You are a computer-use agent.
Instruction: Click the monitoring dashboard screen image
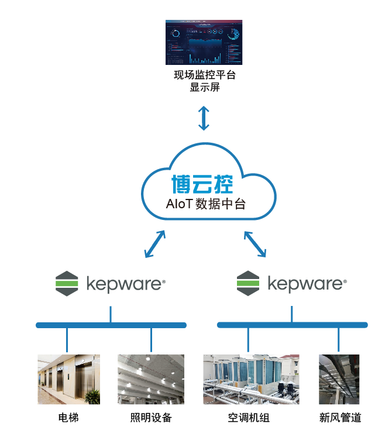pyautogui.click(x=203, y=43)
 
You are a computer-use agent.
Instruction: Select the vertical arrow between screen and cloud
pyautogui.click(x=204, y=118)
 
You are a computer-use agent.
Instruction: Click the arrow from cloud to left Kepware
pyautogui.click(x=154, y=244)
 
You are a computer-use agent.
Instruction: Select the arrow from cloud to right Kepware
pyautogui.click(x=255, y=244)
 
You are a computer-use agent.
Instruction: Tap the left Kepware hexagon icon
pyautogui.click(x=66, y=284)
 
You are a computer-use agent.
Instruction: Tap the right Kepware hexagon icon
pyautogui.click(x=247, y=284)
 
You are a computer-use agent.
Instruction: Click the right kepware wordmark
pyautogui.click(x=307, y=284)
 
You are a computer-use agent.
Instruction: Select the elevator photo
pyautogui.click(x=68, y=379)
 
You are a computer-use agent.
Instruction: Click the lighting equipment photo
pyautogui.click(x=152, y=379)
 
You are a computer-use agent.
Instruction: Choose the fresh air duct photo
pyautogui.click(x=339, y=379)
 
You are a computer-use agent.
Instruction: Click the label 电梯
pyautogui.click(x=68, y=418)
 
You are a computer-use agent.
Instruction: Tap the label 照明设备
pyautogui.click(x=151, y=418)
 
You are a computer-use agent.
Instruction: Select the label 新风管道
pyautogui.click(x=340, y=418)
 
